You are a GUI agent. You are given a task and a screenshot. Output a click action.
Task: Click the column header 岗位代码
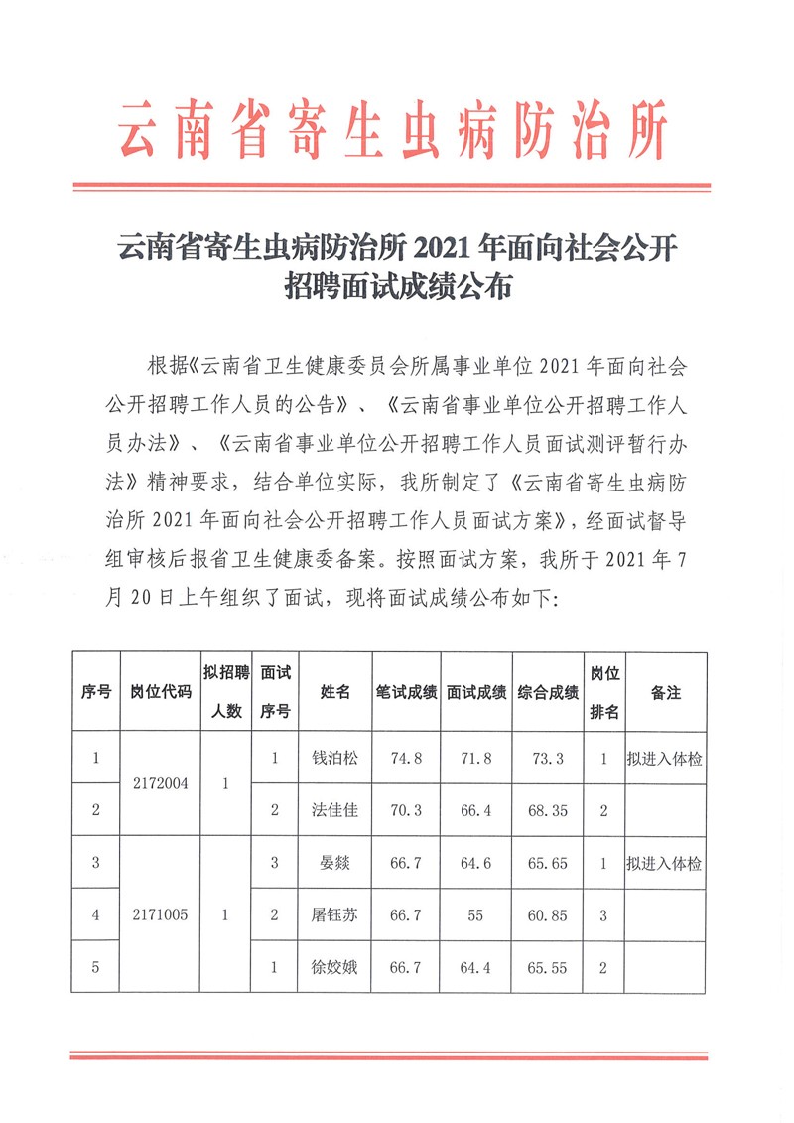161,693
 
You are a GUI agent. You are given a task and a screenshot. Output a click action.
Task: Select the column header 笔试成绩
407,693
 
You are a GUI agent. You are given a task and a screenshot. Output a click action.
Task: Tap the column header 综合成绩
548,693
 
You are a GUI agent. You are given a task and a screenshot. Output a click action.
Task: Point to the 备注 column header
665,693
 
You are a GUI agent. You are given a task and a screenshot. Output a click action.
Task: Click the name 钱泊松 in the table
335,758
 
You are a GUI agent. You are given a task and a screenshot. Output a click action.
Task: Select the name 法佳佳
335,810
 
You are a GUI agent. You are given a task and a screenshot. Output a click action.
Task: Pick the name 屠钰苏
335,915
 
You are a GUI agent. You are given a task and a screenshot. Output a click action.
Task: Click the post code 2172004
161,783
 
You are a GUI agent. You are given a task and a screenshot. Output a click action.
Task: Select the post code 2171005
161,915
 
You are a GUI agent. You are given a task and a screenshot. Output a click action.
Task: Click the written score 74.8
407,758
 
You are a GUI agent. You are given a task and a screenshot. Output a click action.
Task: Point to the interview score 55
476,915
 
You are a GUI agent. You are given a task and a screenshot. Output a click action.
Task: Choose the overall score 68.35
548,810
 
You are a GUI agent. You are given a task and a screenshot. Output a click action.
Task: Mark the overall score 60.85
548,915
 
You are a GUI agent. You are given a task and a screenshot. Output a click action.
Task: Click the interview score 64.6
476,863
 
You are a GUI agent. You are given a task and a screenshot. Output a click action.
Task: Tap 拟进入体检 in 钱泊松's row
665,758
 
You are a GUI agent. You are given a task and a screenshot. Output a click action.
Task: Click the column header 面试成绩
476,693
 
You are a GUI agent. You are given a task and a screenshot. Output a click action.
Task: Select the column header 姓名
335,693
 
